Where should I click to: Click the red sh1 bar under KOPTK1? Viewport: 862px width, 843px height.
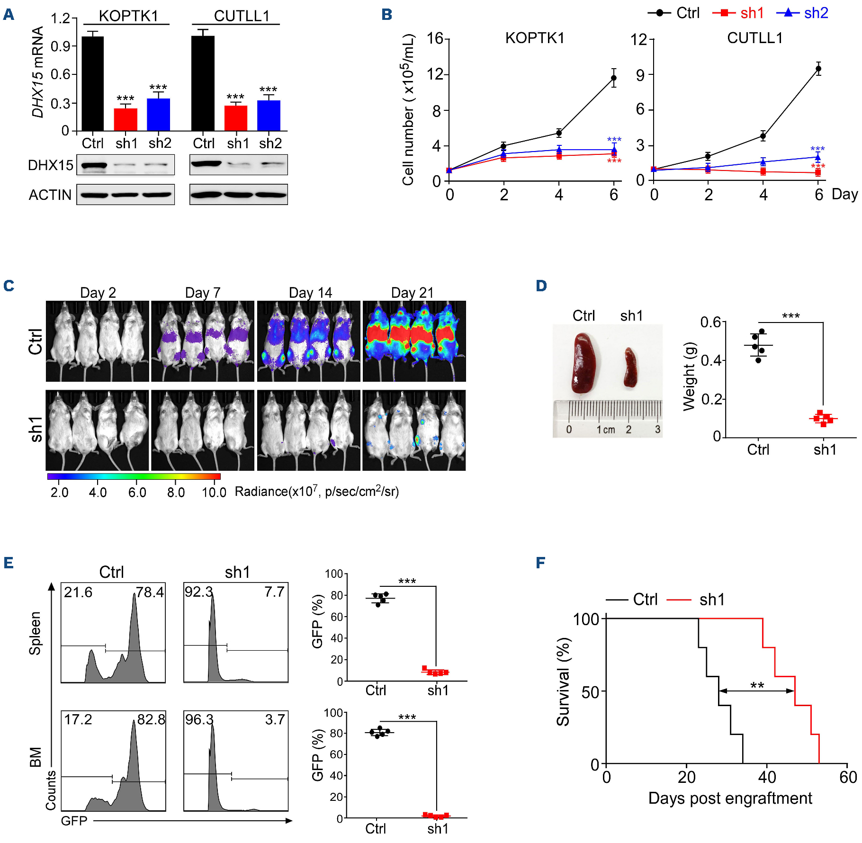click(126, 119)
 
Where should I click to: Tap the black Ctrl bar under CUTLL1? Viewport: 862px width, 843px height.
click(203, 83)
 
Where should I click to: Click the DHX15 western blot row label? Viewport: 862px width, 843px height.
click(51, 165)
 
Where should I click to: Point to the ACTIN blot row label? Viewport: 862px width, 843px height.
click(50, 195)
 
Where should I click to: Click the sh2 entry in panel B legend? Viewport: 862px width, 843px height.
click(816, 13)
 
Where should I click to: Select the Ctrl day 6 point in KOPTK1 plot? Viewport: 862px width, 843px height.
click(614, 78)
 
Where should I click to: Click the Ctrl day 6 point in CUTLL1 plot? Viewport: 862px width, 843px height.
click(818, 69)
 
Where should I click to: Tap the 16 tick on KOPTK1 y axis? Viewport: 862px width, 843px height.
click(435, 38)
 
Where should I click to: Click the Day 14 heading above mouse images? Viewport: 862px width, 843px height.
click(310, 293)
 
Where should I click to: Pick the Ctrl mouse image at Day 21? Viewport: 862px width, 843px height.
click(414, 341)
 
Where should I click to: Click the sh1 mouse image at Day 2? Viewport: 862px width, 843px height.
click(97, 430)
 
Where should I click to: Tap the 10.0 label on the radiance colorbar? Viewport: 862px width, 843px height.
click(214, 493)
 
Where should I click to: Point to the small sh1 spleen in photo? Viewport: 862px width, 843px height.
click(630, 368)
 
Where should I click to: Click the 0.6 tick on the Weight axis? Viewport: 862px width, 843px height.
click(710, 323)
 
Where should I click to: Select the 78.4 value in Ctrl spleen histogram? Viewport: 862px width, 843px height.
click(150, 592)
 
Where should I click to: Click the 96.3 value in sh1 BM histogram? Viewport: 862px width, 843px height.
click(199, 720)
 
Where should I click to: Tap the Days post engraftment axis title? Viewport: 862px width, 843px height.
click(730, 798)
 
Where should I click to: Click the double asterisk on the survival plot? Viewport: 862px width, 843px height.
click(757, 685)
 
